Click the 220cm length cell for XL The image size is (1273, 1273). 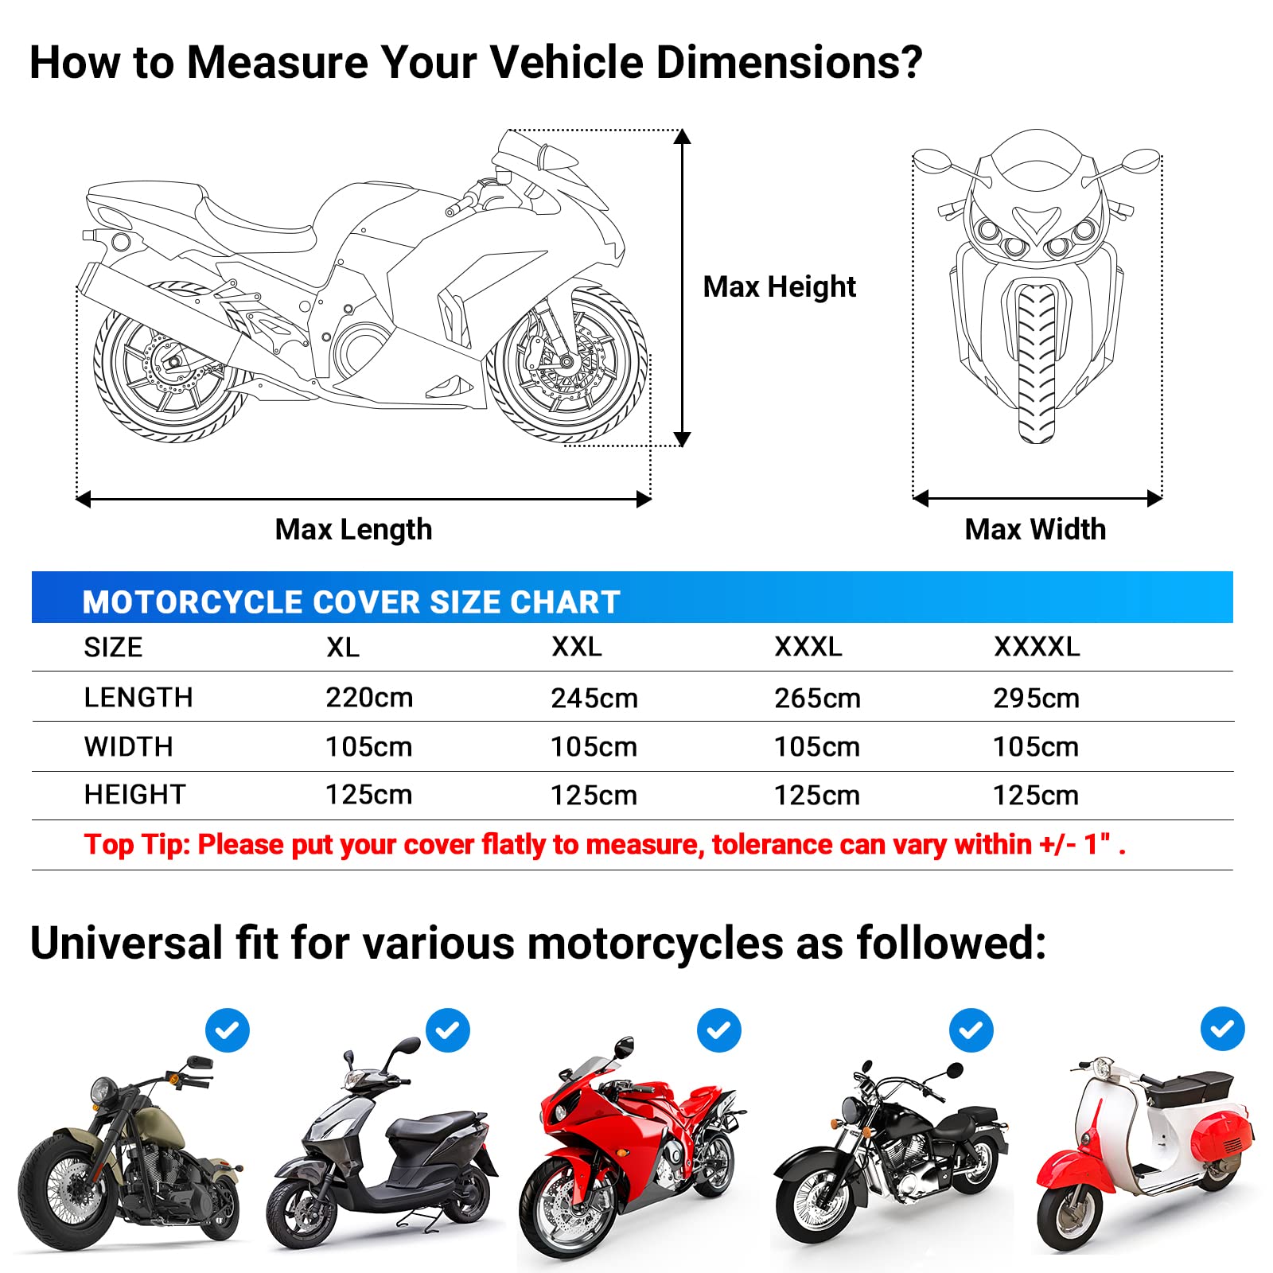coord(369,698)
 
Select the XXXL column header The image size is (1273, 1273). coord(808,647)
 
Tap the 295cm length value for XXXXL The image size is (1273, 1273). coord(1036,699)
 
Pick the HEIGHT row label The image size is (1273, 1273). coord(134,795)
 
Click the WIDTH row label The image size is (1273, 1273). coord(128,747)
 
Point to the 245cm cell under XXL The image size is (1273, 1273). coord(594,699)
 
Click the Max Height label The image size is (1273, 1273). coord(779,286)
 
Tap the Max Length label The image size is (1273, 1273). coord(353,529)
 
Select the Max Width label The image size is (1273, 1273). coord(1035,529)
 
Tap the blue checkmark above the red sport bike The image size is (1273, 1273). coord(718,1030)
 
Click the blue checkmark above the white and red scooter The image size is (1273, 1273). coord(1222,1029)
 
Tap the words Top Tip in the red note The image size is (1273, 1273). coord(137,844)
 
